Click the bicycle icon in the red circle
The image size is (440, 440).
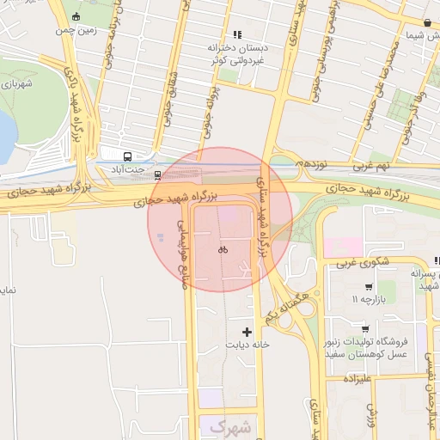[x=222, y=249]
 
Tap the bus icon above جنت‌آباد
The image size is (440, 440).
[x=128, y=156]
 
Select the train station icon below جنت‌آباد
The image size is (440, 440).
[x=157, y=174]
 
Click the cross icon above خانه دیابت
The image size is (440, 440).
[x=248, y=331]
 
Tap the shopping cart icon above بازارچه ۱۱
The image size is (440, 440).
[x=368, y=287]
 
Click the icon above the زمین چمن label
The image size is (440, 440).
[x=76, y=16]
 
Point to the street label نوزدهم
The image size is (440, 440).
[x=310, y=162]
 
